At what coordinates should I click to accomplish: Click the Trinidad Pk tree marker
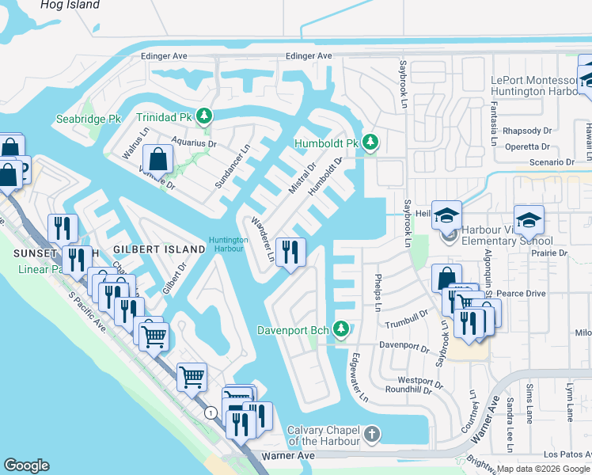click(205, 116)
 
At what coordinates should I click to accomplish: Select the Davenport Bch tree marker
click(341, 328)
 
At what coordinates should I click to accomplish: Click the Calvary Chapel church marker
click(372, 435)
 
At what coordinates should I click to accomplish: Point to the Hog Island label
click(71, 5)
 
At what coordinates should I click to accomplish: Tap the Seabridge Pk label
click(88, 120)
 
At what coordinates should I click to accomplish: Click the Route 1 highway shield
click(210, 413)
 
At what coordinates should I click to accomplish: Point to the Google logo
click(26, 465)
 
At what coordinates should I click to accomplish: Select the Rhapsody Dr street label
click(526, 131)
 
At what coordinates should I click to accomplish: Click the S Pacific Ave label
click(87, 311)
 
